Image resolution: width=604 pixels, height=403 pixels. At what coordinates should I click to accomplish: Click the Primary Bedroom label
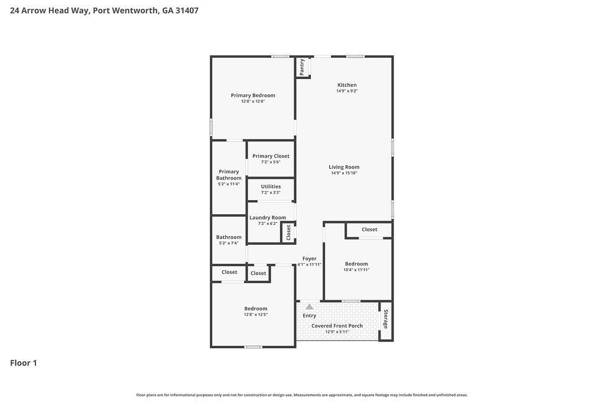pyautogui.click(x=252, y=96)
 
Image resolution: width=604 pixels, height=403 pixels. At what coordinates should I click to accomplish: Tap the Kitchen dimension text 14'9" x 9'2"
pyautogui.click(x=347, y=91)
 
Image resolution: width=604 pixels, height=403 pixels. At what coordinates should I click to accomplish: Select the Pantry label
pyautogui.click(x=302, y=67)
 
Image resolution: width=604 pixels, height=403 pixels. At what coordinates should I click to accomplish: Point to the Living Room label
pyautogui.click(x=344, y=167)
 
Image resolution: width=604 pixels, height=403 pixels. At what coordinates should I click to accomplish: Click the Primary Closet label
pyautogui.click(x=271, y=156)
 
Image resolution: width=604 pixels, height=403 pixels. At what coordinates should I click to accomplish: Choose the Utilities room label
pyautogui.click(x=271, y=186)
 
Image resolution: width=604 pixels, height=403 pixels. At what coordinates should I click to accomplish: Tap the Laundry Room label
pyautogui.click(x=267, y=218)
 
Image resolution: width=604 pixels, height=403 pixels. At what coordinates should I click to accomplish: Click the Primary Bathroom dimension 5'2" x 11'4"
pyautogui.click(x=229, y=184)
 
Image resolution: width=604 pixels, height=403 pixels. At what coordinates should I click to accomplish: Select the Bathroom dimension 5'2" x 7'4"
pyautogui.click(x=228, y=243)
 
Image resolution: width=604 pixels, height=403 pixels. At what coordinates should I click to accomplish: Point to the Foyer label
pyautogui.click(x=309, y=258)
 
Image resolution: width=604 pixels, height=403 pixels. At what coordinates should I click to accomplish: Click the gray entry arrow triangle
pyautogui.click(x=309, y=307)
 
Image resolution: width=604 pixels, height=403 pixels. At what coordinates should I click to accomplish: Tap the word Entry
pyautogui.click(x=309, y=316)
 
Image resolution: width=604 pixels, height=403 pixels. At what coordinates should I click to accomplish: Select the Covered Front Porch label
pyautogui.click(x=337, y=326)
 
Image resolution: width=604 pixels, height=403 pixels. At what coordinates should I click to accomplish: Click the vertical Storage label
pyautogui.click(x=386, y=319)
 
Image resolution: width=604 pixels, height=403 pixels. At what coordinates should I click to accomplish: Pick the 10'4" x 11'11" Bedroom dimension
pyautogui.click(x=356, y=270)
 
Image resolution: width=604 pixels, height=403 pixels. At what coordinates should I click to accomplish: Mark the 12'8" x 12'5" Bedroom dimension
pyautogui.click(x=255, y=314)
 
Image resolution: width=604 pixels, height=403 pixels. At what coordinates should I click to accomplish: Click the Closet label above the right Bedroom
pyautogui.click(x=369, y=230)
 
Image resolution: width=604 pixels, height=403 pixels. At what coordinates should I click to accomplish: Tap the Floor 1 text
pyautogui.click(x=24, y=363)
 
